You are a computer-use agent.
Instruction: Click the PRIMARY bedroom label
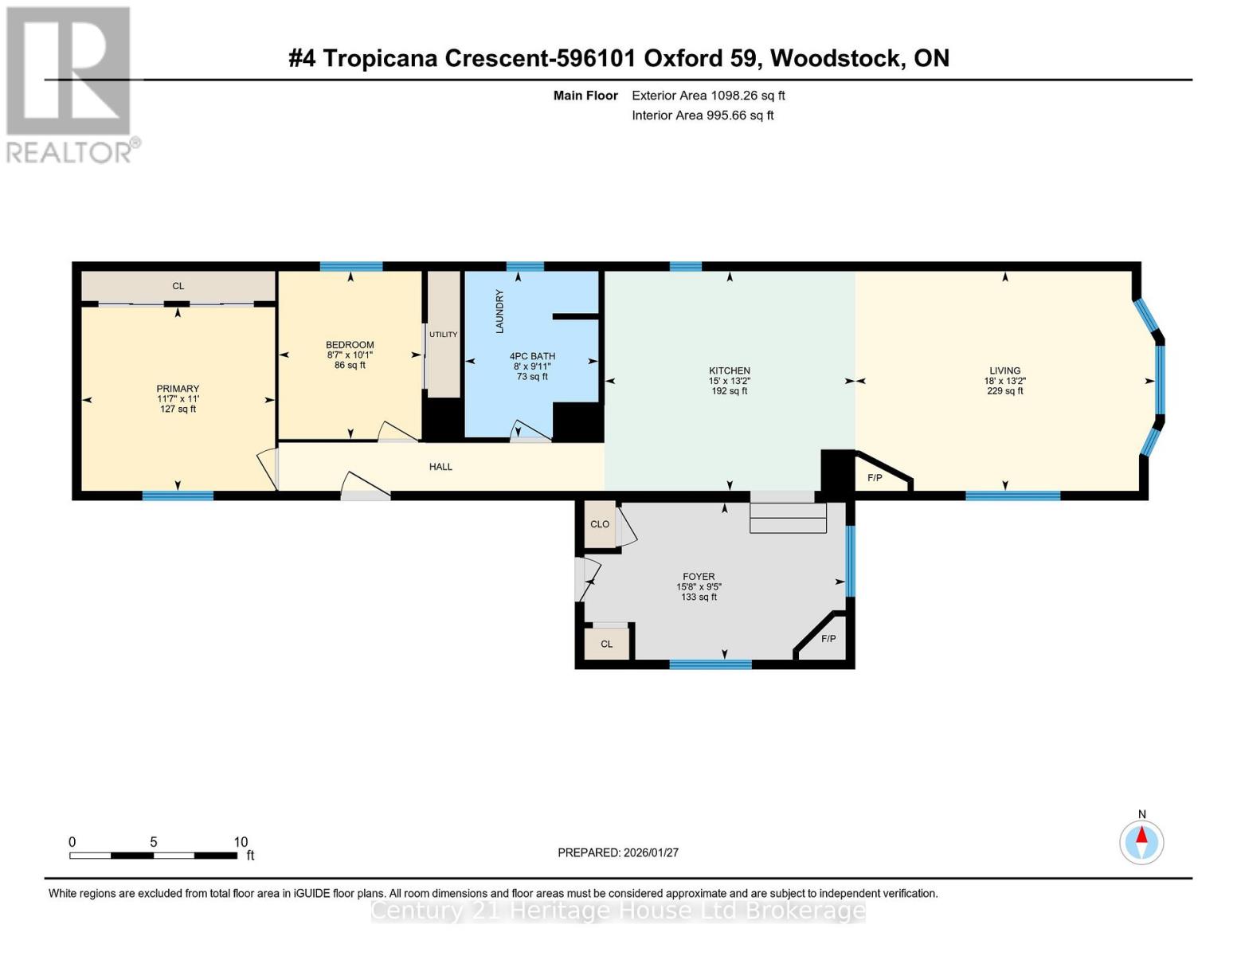178,389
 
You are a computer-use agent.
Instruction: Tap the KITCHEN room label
730,370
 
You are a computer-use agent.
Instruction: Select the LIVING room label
1004,370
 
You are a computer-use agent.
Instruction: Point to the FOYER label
699,576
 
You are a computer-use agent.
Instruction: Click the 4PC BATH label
532,356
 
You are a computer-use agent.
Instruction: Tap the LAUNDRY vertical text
500,311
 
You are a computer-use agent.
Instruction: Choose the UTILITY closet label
444,335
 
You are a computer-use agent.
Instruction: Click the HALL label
440,467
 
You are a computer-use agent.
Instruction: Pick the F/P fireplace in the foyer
828,639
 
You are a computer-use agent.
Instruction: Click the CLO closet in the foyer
600,524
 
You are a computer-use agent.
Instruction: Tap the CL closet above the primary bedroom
178,286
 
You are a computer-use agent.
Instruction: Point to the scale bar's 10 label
241,842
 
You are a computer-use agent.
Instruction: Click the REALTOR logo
70,84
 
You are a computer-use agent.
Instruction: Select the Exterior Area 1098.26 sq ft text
708,96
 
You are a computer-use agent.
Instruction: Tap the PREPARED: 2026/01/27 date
618,852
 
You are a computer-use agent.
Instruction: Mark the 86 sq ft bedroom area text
350,366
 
